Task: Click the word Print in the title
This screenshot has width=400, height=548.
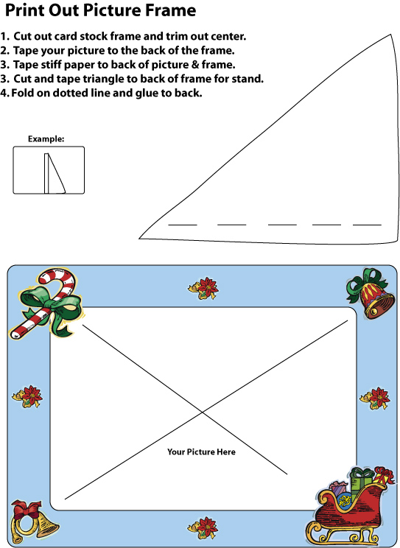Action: pyautogui.click(x=24, y=10)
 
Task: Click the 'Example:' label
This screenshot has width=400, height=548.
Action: pyautogui.click(x=46, y=138)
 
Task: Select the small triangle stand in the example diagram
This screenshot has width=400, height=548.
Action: pyautogui.click(x=55, y=173)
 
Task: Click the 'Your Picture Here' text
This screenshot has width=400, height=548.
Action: pyautogui.click(x=201, y=452)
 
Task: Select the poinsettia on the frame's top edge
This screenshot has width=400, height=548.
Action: pyautogui.click(x=203, y=288)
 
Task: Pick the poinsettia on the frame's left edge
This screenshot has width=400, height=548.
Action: pyautogui.click(x=27, y=397)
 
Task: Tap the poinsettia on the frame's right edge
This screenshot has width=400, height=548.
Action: pyautogui.click(x=375, y=398)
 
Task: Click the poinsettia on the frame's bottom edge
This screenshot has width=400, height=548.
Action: pyautogui.click(x=203, y=528)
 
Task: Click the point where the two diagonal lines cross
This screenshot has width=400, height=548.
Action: pyautogui.click(x=203, y=412)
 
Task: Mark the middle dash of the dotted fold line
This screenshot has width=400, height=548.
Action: pyautogui.click(x=283, y=225)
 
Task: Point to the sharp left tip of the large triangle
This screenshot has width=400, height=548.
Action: pyautogui.click(x=139, y=239)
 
